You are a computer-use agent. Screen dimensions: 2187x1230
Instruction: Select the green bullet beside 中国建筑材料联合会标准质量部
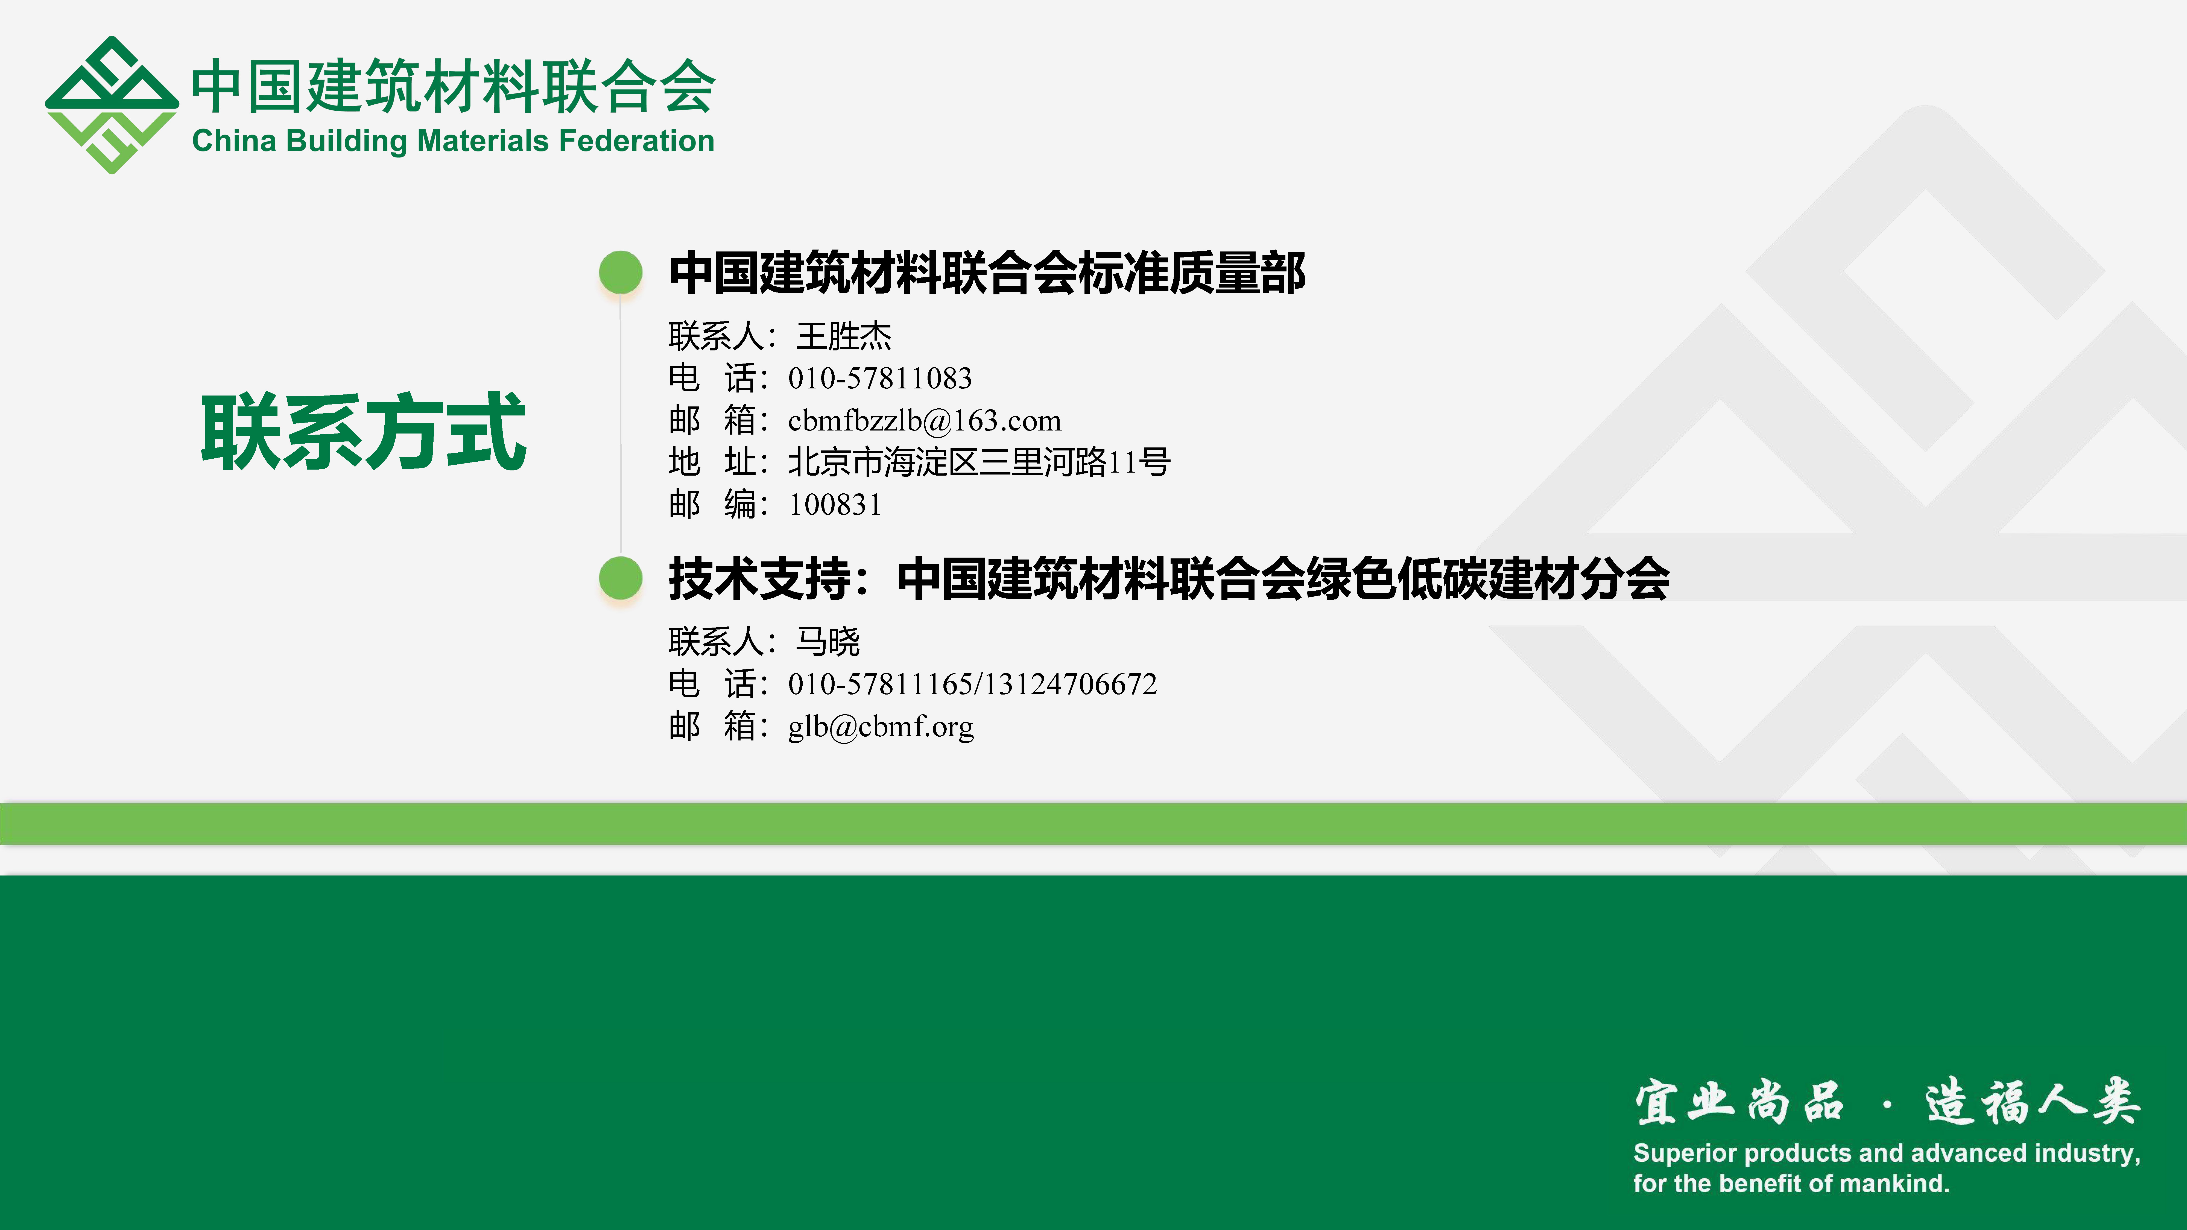[621, 273]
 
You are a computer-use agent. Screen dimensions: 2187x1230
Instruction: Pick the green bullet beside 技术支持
[621, 578]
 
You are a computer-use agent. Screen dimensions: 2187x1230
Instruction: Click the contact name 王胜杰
[844, 336]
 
